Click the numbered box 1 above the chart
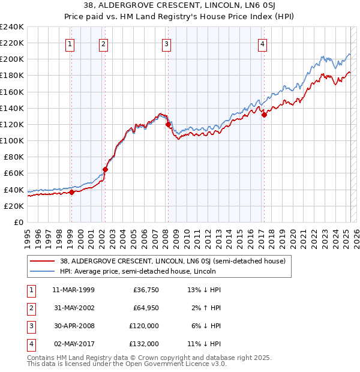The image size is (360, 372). (x=70, y=43)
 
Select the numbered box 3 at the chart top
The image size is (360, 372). (x=166, y=43)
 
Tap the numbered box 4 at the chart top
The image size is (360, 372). (x=263, y=43)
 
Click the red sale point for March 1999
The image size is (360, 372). (x=71, y=192)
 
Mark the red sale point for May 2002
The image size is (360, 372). (x=105, y=169)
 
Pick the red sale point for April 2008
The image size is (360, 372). (x=168, y=124)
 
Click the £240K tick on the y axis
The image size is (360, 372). (x=12, y=27)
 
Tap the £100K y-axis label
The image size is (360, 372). (x=12, y=140)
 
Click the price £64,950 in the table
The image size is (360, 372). (x=145, y=308)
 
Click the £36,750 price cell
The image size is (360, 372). (x=145, y=290)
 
